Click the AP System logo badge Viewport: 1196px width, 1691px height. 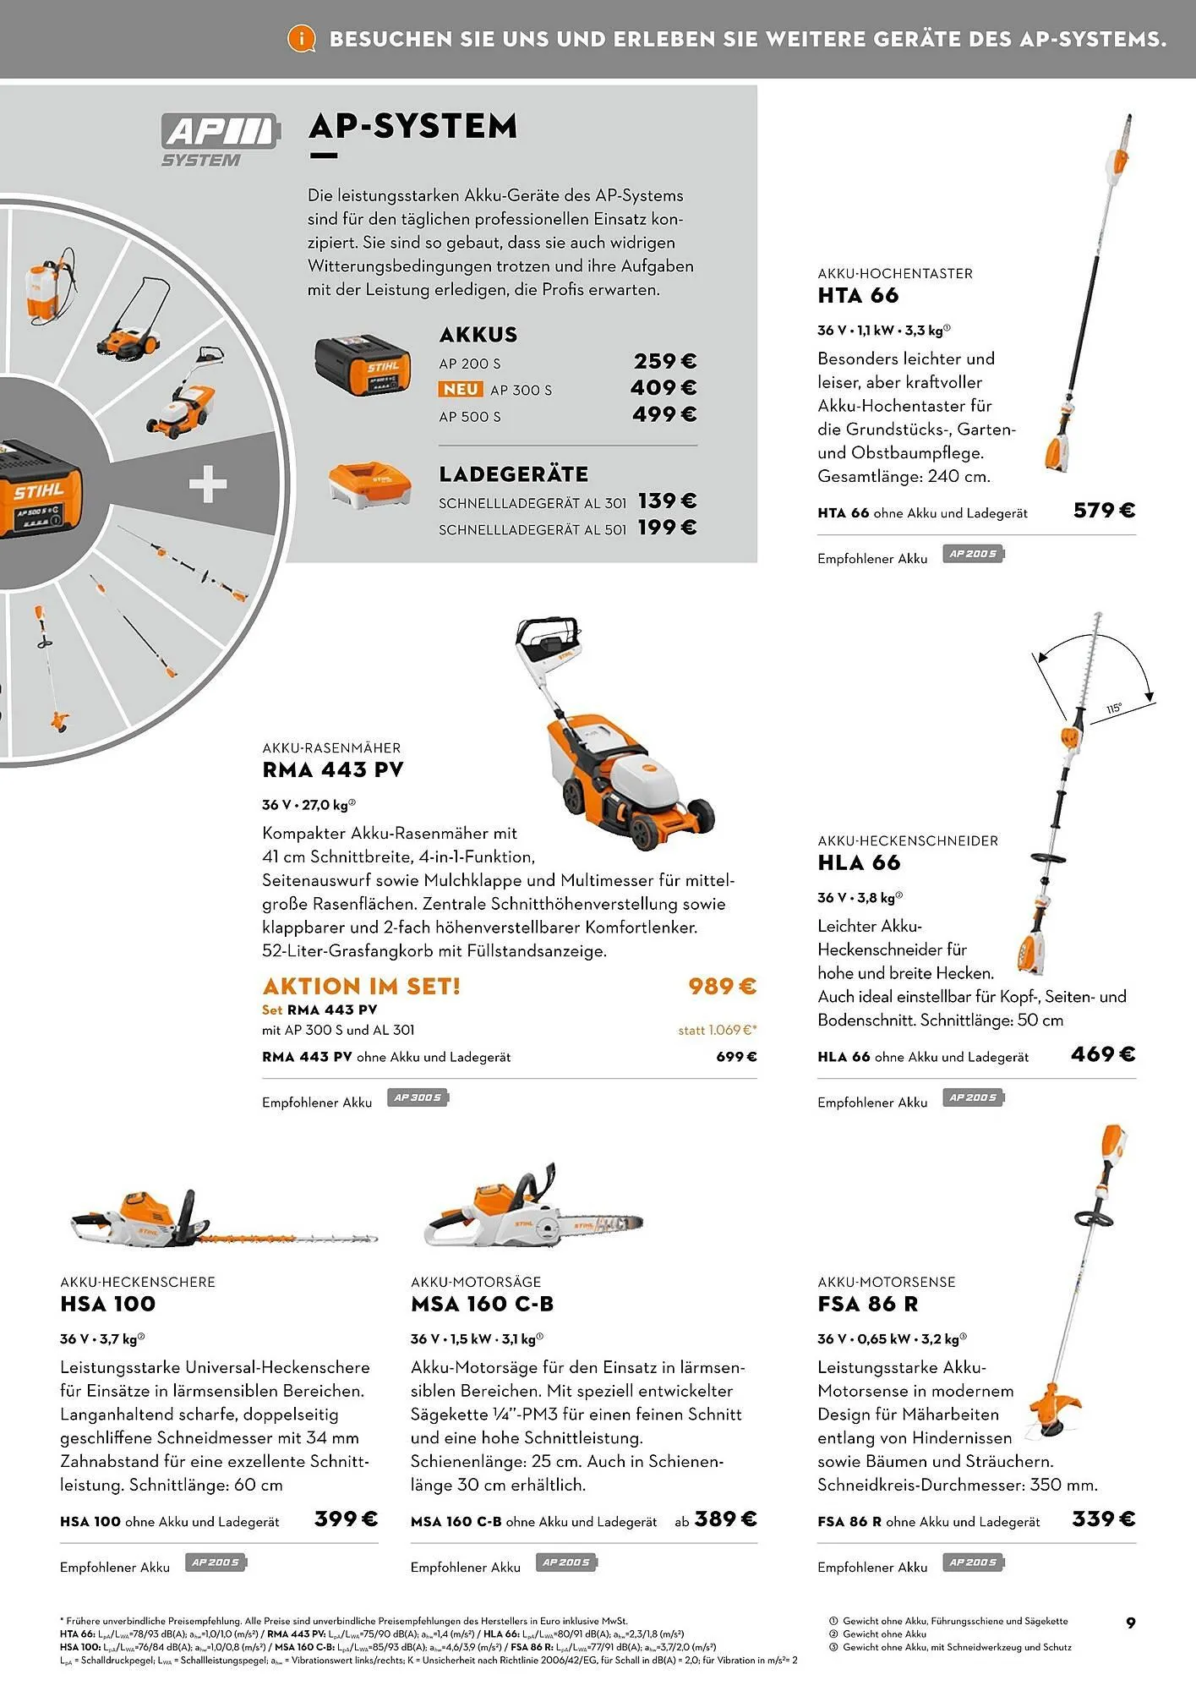point(217,140)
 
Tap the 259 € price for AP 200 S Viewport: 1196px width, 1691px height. point(665,362)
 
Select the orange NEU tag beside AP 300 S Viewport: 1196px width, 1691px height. point(461,389)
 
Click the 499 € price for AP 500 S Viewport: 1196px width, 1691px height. point(664,414)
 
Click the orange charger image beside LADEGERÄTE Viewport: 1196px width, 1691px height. point(371,486)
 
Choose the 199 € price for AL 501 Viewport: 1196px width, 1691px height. point(667,528)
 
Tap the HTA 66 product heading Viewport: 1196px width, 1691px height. point(858,296)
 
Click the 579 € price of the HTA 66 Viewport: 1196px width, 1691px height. point(1104,510)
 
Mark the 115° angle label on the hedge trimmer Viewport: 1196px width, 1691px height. point(1114,709)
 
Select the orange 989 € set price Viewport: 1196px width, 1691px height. point(722,986)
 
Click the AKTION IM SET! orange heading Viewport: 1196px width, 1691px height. point(361,986)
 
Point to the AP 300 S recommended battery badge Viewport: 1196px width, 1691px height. point(418,1098)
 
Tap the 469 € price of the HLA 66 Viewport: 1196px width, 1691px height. point(1103,1053)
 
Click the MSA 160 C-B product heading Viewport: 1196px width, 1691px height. point(482,1304)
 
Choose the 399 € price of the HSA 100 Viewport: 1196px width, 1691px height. point(346,1519)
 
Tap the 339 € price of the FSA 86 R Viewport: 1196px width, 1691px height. point(1103,1519)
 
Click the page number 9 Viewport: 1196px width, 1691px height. point(1131,1623)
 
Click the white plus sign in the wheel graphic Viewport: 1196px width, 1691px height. point(208,485)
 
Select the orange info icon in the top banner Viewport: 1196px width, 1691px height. point(301,38)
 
